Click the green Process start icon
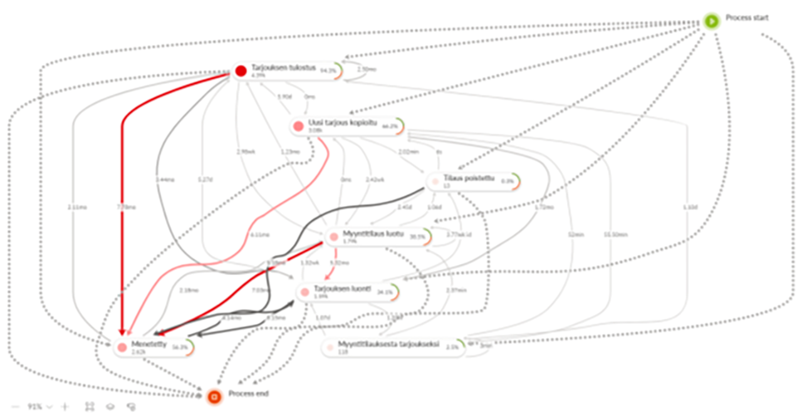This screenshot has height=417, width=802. click(711, 21)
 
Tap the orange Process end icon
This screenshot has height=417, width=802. click(214, 396)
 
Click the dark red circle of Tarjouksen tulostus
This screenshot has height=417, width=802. click(241, 71)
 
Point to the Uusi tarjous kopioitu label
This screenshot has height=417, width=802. click(342, 122)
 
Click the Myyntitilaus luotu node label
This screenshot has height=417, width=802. click(373, 233)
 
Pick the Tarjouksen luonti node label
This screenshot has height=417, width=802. click(343, 289)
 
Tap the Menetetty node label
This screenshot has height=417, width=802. click(149, 344)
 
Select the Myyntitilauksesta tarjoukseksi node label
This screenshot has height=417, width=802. click(388, 344)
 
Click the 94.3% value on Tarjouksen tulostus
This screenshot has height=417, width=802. click(328, 71)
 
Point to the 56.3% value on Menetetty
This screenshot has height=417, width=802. click(180, 347)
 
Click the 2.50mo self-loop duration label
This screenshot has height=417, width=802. click(367, 69)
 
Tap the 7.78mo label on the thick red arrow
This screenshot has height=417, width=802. click(125, 207)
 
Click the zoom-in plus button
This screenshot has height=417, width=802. click(65, 407)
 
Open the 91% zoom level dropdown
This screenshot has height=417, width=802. click(39, 407)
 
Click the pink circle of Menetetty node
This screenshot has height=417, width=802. click(122, 347)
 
